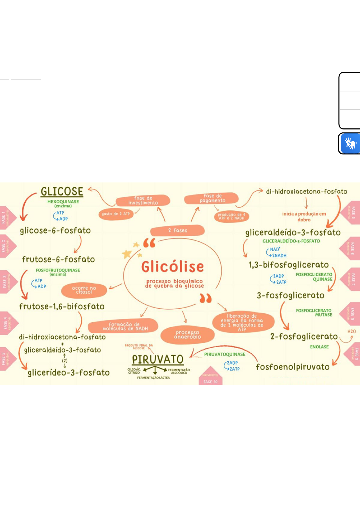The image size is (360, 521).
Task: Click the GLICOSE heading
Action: [x=62, y=192]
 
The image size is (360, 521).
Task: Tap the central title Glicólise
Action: [x=172, y=267]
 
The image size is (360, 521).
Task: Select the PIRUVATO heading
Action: [x=158, y=360]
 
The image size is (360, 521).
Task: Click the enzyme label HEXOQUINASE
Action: [x=63, y=202]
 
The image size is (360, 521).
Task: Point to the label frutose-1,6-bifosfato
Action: [x=62, y=307]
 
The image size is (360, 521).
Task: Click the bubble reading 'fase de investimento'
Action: [x=143, y=200]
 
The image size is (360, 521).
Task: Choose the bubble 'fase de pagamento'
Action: [x=212, y=198]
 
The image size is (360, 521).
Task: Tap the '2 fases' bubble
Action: [x=177, y=230]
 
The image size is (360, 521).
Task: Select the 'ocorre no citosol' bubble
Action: [x=84, y=290]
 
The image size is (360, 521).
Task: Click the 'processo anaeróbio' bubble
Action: [x=188, y=335]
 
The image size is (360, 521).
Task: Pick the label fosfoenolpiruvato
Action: [x=293, y=367]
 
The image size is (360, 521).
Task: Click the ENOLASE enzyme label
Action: [x=319, y=347]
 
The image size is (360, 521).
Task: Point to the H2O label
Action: [x=351, y=332]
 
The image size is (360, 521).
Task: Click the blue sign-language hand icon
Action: [x=350, y=143]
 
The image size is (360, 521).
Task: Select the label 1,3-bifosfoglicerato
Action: [x=289, y=265]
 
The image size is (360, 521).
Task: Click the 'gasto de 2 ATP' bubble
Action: [x=116, y=214]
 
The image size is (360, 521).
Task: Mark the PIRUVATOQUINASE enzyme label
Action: [x=225, y=354]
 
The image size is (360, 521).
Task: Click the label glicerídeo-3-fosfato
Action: [x=68, y=373]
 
